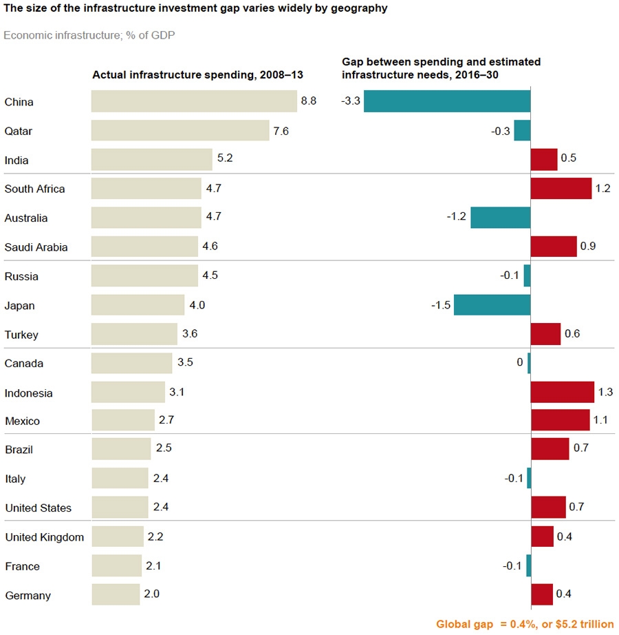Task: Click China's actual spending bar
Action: (194, 101)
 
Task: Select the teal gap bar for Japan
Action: (492, 305)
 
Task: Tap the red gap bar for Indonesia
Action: (562, 392)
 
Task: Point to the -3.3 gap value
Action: (350, 101)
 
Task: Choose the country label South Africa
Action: (34, 189)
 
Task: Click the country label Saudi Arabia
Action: (36, 247)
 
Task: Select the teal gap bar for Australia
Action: (500, 218)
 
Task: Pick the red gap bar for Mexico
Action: (560, 420)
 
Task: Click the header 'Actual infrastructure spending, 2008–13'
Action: (198, 74)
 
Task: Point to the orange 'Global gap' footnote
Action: (525, 624)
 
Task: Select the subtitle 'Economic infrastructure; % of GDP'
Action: (89, 34)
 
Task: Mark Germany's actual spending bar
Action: (116, 594)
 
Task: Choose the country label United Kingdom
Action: (44, 537)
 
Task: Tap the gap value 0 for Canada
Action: (520, 362)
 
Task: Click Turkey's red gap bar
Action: (545, 334)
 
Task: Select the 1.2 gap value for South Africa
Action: (603, 189)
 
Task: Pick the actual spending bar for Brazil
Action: (121, 449)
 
